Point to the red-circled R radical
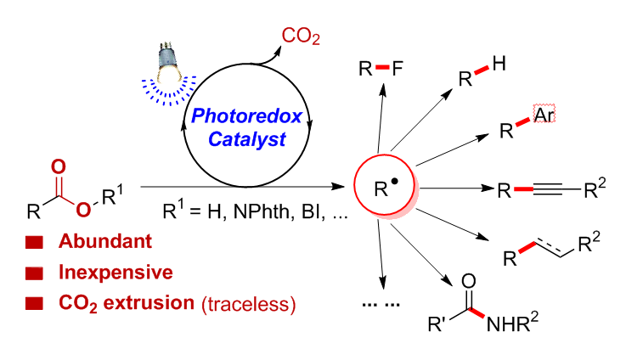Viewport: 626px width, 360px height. (385, 188)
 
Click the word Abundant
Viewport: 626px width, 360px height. (99, 242)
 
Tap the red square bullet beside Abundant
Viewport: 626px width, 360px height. (35, 243)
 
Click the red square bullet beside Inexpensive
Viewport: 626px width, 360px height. (35, 273)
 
